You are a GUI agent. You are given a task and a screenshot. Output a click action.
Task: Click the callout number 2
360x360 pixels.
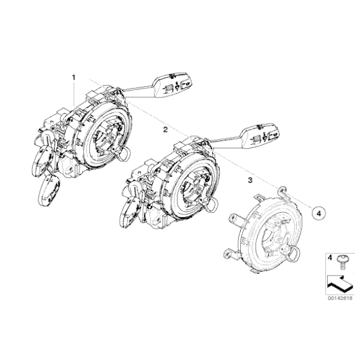coord(165,130)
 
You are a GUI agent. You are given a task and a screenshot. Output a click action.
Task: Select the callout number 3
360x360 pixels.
coord(250,181)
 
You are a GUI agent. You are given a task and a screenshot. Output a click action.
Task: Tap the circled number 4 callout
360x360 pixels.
coord(318,213)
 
